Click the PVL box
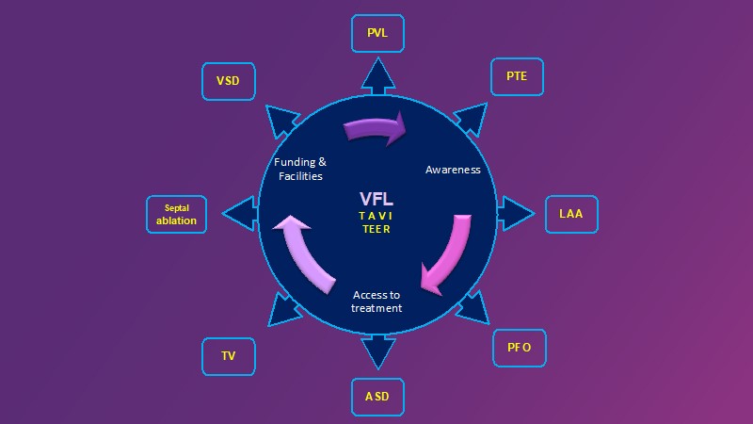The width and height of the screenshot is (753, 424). click(376, 33)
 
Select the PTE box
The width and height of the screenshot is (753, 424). click(517, 76)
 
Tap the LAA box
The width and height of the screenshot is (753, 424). click(570, 214)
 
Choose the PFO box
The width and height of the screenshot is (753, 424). click(520, 348)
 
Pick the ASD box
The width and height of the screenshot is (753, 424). click(376, 397)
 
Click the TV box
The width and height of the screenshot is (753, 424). click(229, 356)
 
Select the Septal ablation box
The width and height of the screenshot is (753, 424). click(176, 215)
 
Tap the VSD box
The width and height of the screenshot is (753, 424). click(229, 81)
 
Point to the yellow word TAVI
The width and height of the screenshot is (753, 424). click(376, 216)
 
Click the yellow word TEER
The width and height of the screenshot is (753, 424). click(376, 229)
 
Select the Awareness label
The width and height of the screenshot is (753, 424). click(453, 170)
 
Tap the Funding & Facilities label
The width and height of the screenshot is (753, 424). click(299, 169)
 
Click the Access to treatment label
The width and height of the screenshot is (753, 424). click(376, 302)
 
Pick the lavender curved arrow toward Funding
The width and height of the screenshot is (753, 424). click(304, 250)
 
